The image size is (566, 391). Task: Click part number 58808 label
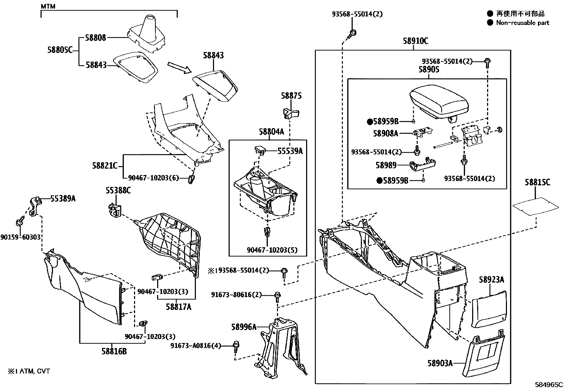[x=96, y=37]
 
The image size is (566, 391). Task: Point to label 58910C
[x=415, y=41]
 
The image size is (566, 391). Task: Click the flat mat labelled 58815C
[x=535, y=206]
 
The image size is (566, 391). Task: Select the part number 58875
[x=291, y=96]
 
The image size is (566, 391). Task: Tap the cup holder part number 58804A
[x=271, y=132]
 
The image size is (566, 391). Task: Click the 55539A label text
[x=290, y=151]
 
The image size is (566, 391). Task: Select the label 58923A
[x=491, y=280]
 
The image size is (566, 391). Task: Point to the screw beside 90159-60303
[x=19, y=223]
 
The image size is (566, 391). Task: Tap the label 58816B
[x=114, y=352]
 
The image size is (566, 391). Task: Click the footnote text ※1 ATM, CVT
[x=29, y=371]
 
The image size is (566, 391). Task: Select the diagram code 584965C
[x=549, y=385]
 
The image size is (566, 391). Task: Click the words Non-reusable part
[x=522, y=23]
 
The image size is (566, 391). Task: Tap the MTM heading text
[x=48, y=6]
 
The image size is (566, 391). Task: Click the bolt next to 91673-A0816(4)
[x=236, y=345]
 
